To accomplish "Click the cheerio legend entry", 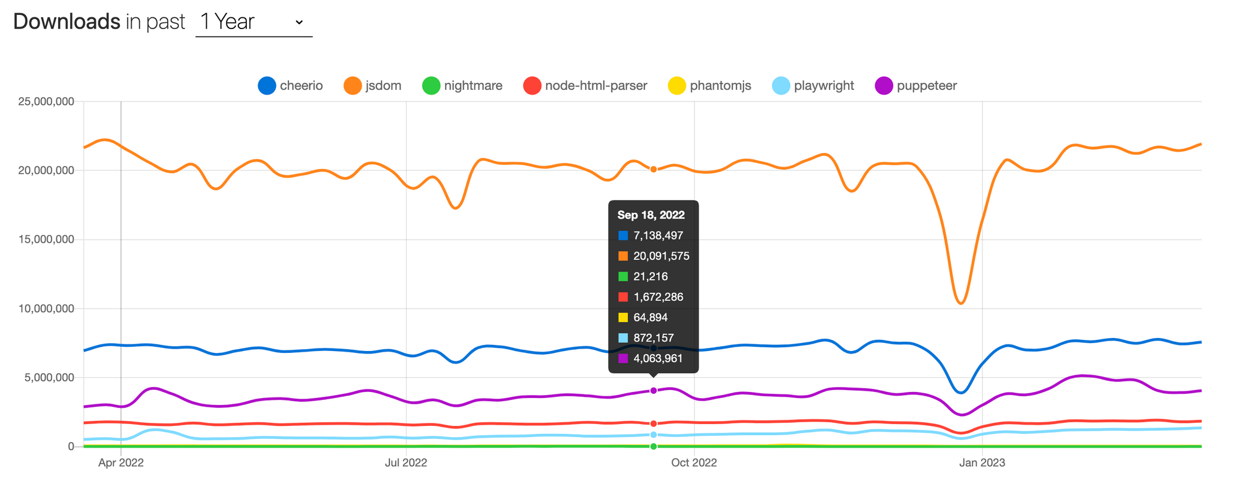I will coord(291,85).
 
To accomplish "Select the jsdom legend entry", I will coord(373,85).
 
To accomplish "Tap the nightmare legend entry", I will coord(462,85).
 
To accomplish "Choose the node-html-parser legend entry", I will coord(586,85).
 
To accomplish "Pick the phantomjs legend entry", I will coord(710,85).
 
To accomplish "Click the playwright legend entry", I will coord(814,85).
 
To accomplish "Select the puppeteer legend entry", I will coord(917,85).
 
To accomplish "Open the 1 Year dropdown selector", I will coord(254,22).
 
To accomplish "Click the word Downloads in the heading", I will coord(67,22).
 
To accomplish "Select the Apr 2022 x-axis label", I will coord(121,462).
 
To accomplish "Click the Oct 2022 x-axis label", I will coord(694,462).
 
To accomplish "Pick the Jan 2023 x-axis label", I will coord(982,462).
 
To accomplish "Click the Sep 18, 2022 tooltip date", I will coord(651,215).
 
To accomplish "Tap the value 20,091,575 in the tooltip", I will coord(661,256).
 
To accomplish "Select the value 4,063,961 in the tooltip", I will coord(658,358).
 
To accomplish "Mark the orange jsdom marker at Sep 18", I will coord(654,169).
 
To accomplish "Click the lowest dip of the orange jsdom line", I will coord(961,303).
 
